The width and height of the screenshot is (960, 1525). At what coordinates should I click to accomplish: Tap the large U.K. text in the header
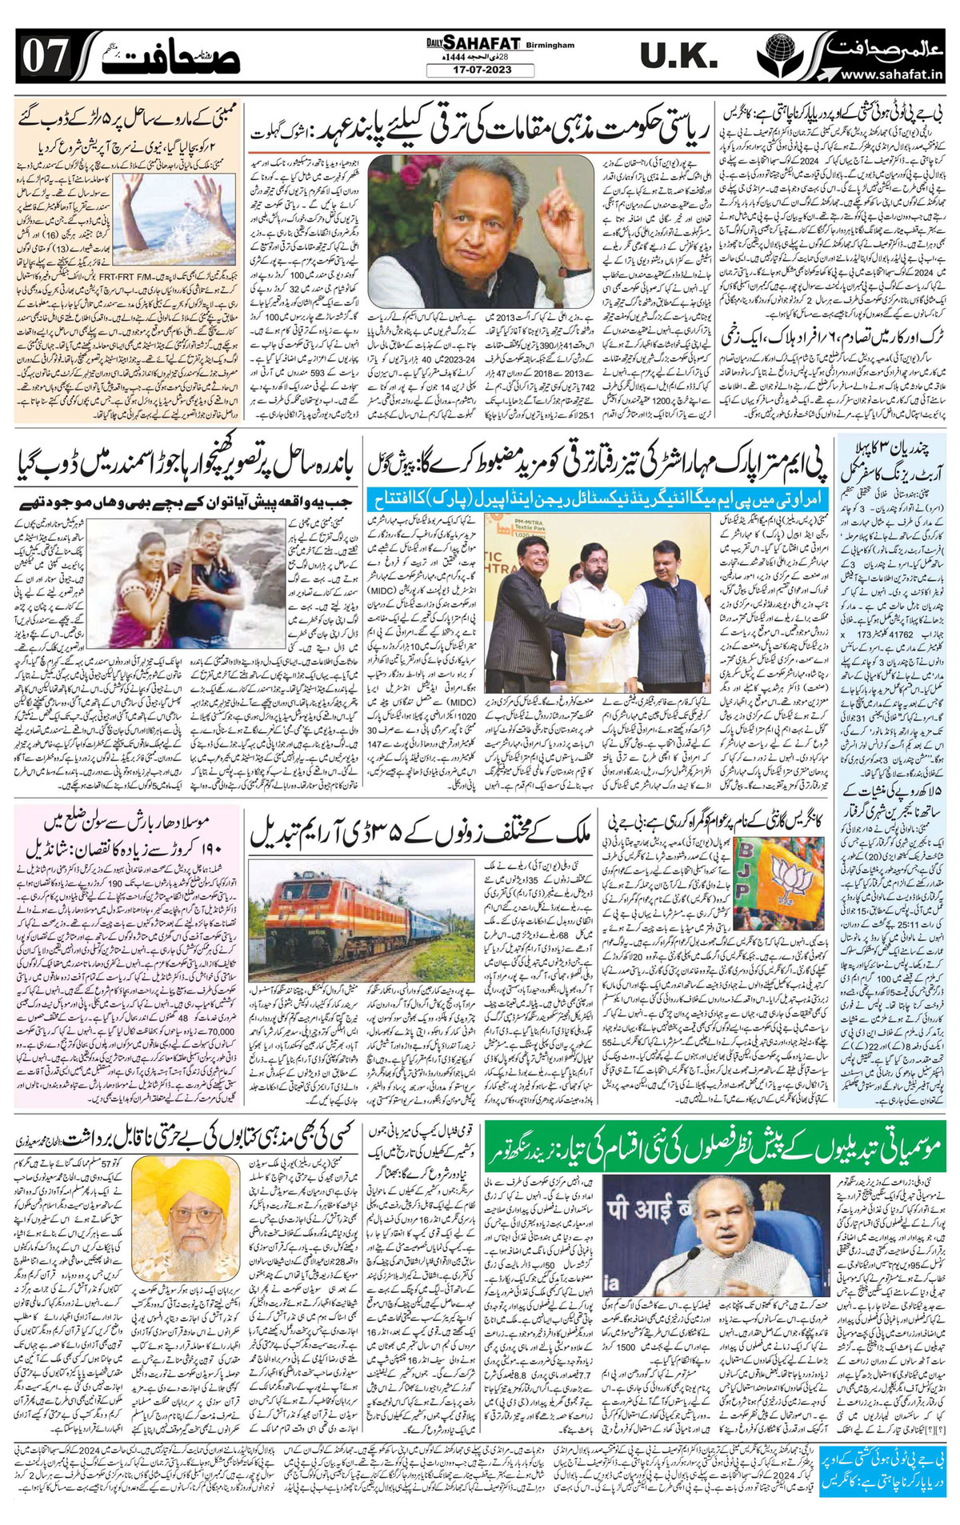[x=678, y=56]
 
